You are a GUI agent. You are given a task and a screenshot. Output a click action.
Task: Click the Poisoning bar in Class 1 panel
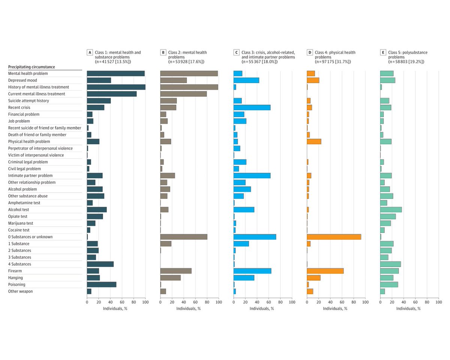(102, 284)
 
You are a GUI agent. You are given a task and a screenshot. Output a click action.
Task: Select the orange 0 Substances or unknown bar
(334, 237)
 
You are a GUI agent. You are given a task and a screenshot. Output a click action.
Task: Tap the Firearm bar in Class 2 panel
(175, 271)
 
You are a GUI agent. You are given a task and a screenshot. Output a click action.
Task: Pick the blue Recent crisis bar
(252, 108)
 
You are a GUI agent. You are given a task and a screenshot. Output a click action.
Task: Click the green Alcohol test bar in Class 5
(391, 209)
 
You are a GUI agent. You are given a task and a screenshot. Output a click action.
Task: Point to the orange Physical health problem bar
(314, 142)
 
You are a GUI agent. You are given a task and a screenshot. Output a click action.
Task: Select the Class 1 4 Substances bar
(100, 264)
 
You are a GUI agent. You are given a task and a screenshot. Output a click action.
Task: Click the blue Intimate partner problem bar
(252, 175)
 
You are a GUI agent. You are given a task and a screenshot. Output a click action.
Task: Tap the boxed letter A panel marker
(89, 52)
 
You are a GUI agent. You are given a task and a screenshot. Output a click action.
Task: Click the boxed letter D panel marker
(309, 52)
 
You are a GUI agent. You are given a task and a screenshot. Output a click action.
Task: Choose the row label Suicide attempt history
(28, 101)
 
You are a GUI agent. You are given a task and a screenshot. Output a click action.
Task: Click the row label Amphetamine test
(24, 203)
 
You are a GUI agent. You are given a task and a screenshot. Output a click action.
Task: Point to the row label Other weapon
(21, 291)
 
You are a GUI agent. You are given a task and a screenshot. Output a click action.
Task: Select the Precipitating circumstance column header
(31, 67)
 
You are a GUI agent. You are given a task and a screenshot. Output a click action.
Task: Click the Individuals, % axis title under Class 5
(409, 309)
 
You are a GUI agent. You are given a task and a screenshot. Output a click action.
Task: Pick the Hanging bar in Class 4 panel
(313, 278)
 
